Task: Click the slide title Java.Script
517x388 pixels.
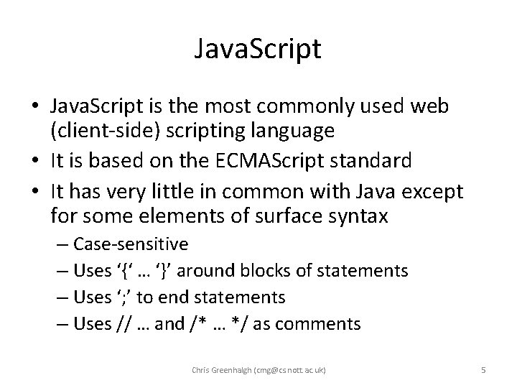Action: pyautogui.click(x=258, y=50)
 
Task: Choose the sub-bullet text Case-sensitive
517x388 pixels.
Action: pyautogui.click(x=131, y=244)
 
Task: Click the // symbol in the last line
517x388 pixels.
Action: pyautogui.click(x=121, y=324)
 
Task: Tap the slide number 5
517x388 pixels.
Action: pyautogui.click(x=483, y=370)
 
